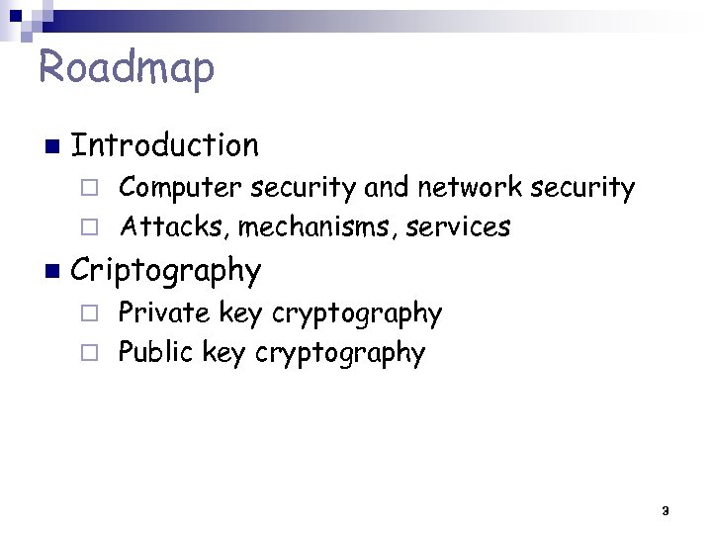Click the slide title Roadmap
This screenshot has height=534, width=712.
[126, 68]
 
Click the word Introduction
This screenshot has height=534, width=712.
[165, 146]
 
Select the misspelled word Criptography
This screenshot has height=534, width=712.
[166, 270]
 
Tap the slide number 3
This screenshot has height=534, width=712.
[665, 511]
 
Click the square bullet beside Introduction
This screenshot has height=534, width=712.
[51, 147]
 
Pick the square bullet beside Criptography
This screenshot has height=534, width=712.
[51, 271]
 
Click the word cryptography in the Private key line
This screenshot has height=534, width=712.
[357, 314]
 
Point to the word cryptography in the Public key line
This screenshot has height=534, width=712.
[340, 354]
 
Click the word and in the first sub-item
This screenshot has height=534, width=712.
[388, 187]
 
